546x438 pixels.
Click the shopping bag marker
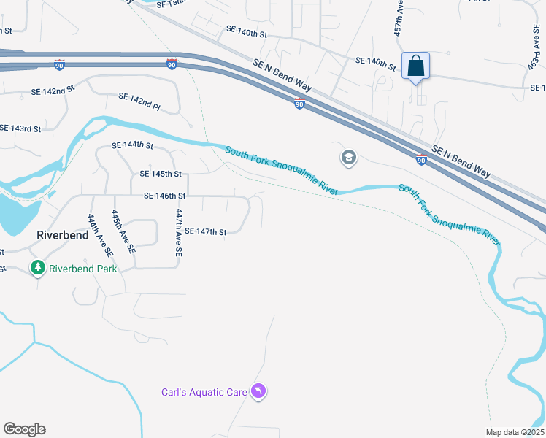coord(415,66)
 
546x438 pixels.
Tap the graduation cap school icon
coord(349,158)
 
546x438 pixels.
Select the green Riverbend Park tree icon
coord(38,269)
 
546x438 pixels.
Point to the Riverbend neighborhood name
coord(64,235)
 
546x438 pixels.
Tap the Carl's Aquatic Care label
coord(204,392)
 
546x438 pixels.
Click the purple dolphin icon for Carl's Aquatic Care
coord(258,392)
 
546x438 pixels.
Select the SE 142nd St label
coord(53,92)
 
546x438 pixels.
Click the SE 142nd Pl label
coord(139,101)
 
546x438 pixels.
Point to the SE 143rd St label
coord(20,128)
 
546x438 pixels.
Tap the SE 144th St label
coord(132,146)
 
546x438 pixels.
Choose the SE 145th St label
coord(160,174)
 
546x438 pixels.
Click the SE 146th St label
coord(164,196)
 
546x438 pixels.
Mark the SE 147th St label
coord(205,231)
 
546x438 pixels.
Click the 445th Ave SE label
coord(123,231)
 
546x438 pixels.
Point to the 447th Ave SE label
coord(178,232)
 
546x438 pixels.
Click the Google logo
coord(24,429)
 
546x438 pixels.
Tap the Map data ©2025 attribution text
coord(515,432)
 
